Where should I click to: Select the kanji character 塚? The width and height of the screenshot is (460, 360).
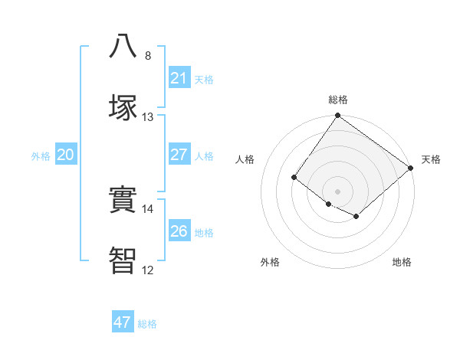tap(123, 106)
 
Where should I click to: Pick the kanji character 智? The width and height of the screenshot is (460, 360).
tap(123, 260)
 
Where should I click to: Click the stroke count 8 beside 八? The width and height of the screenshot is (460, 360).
tap(148, 56)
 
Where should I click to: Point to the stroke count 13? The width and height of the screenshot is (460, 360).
tap(148, 117)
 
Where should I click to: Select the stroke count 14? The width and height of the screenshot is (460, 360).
tap(148, 209)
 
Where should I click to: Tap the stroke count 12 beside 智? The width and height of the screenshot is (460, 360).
tap(148, 270)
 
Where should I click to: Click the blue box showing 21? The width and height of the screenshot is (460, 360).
tap(179, 77)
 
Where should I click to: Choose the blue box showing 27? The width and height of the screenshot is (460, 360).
tap(179, 154)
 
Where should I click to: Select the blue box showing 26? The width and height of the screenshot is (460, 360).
tap(179, 231)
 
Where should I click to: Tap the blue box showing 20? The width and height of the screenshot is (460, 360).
tap(65, 154)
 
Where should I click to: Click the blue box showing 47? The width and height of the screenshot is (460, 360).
tap(122, 322)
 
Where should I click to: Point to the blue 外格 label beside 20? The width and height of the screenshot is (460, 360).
tap(41, 156)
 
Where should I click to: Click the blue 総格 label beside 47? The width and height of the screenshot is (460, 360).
tap(147, 324)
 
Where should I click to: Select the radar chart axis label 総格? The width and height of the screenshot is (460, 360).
tap(338, 100)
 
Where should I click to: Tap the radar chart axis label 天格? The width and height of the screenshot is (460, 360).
tap(431, 159)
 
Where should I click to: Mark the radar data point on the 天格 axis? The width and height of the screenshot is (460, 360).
tap(411, 169)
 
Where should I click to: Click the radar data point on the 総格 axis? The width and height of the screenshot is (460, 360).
tap(337, 116)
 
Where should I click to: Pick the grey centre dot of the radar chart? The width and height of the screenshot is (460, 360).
tap(337, 191)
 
